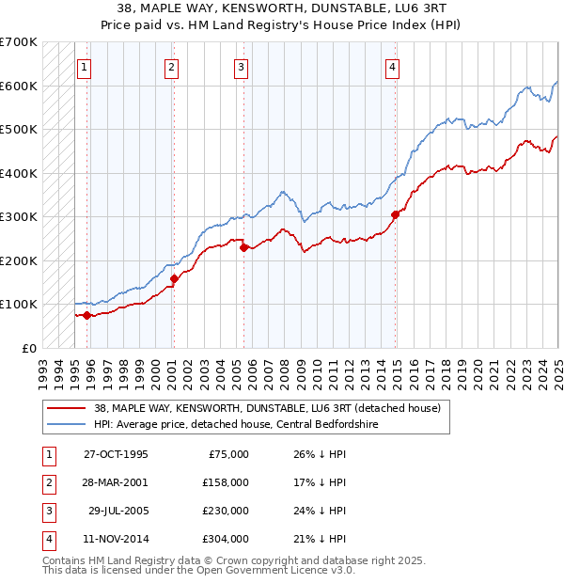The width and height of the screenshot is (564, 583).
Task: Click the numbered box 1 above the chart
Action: [85, 67]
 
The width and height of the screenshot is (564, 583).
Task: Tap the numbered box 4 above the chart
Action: [392, 67]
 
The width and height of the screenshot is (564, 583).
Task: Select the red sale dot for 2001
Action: [174, 278]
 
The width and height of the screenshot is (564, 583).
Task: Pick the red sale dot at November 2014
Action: [395, 214]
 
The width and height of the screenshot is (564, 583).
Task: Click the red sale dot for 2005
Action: [243, 247]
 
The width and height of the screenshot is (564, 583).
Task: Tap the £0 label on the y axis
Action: [28, 348]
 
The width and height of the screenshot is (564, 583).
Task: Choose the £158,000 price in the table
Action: [227, 482]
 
